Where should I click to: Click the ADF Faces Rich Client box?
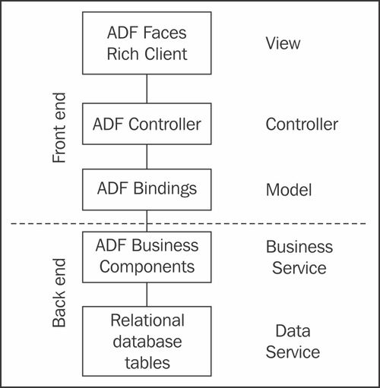click(147, 43)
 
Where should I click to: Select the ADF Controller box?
click(147, 124)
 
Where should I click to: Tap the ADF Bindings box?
click(147, 190)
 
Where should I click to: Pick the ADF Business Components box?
click(147, 257)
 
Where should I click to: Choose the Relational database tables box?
click(147, 341)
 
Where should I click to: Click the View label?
click(283, 43)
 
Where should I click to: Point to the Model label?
click(289, 190)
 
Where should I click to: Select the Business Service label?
click(299, 257)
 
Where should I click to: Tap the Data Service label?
click(293, 342)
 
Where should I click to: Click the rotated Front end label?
click(59, 128)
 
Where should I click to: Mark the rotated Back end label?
click(59, 293)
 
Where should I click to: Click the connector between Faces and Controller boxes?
click(147, 89)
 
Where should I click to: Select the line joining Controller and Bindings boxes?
click(147, 156)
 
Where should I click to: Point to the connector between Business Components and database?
click(147, 295)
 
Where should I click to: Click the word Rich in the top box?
click(123, 54)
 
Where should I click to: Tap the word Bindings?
click(165, 189)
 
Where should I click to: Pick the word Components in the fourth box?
click(147, 267)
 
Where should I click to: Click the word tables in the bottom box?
click(147, 363)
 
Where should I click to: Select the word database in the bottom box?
click(147, 342)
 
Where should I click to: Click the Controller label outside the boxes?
click(302, 124)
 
